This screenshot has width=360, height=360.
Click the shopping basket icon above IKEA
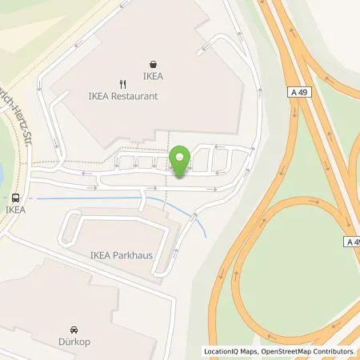pyautogui.click(x=153, y=64)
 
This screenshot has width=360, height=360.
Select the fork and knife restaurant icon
pyautogui.click(x=122, y=82)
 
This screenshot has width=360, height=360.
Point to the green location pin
pyautogui.click(x=182, y=160)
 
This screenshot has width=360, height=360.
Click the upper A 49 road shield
pyautogui.click(x=296, y=94)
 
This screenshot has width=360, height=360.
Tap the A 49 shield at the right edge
pyautogui.click(x=353, y=241)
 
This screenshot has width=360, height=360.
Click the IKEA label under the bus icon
pyautogui.click(x=15, y=210)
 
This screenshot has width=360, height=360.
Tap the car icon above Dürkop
pyautogui.click(x=74, y=330)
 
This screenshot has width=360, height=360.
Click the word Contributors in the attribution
pyautogui.click(x=334, y=351)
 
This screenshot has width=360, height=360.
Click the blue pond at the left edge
pyautogui.click(x=2, y=172)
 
